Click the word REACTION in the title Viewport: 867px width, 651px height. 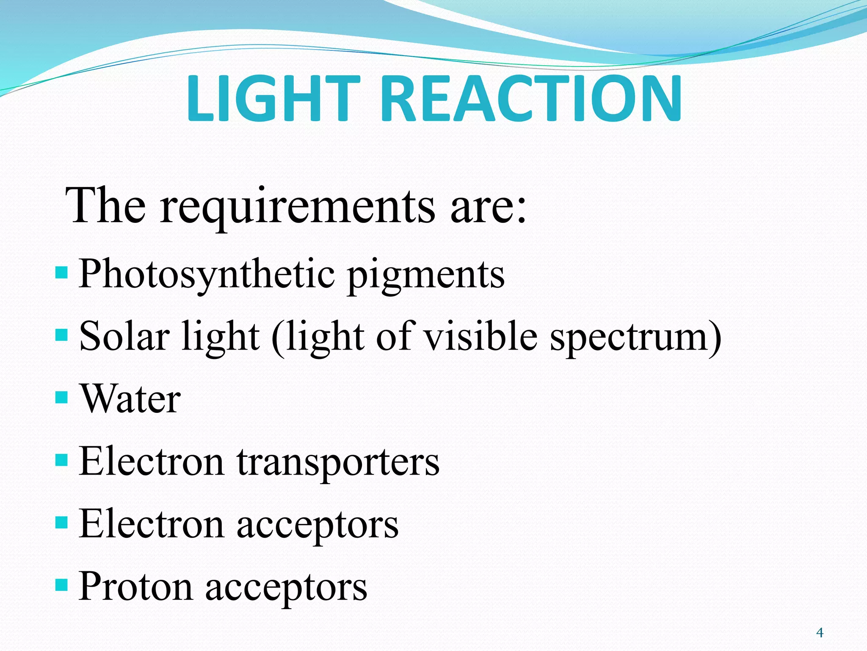[533, 98]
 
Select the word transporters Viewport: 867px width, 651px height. [338, 462]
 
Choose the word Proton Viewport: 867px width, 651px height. [136, 587]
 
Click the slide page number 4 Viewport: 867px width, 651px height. [820, 633]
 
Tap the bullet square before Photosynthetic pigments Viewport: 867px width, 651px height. [61, 272]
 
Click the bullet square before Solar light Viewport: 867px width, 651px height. [61, 335]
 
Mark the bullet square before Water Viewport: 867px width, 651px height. [61, 398]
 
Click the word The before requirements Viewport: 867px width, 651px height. [105, 206]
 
